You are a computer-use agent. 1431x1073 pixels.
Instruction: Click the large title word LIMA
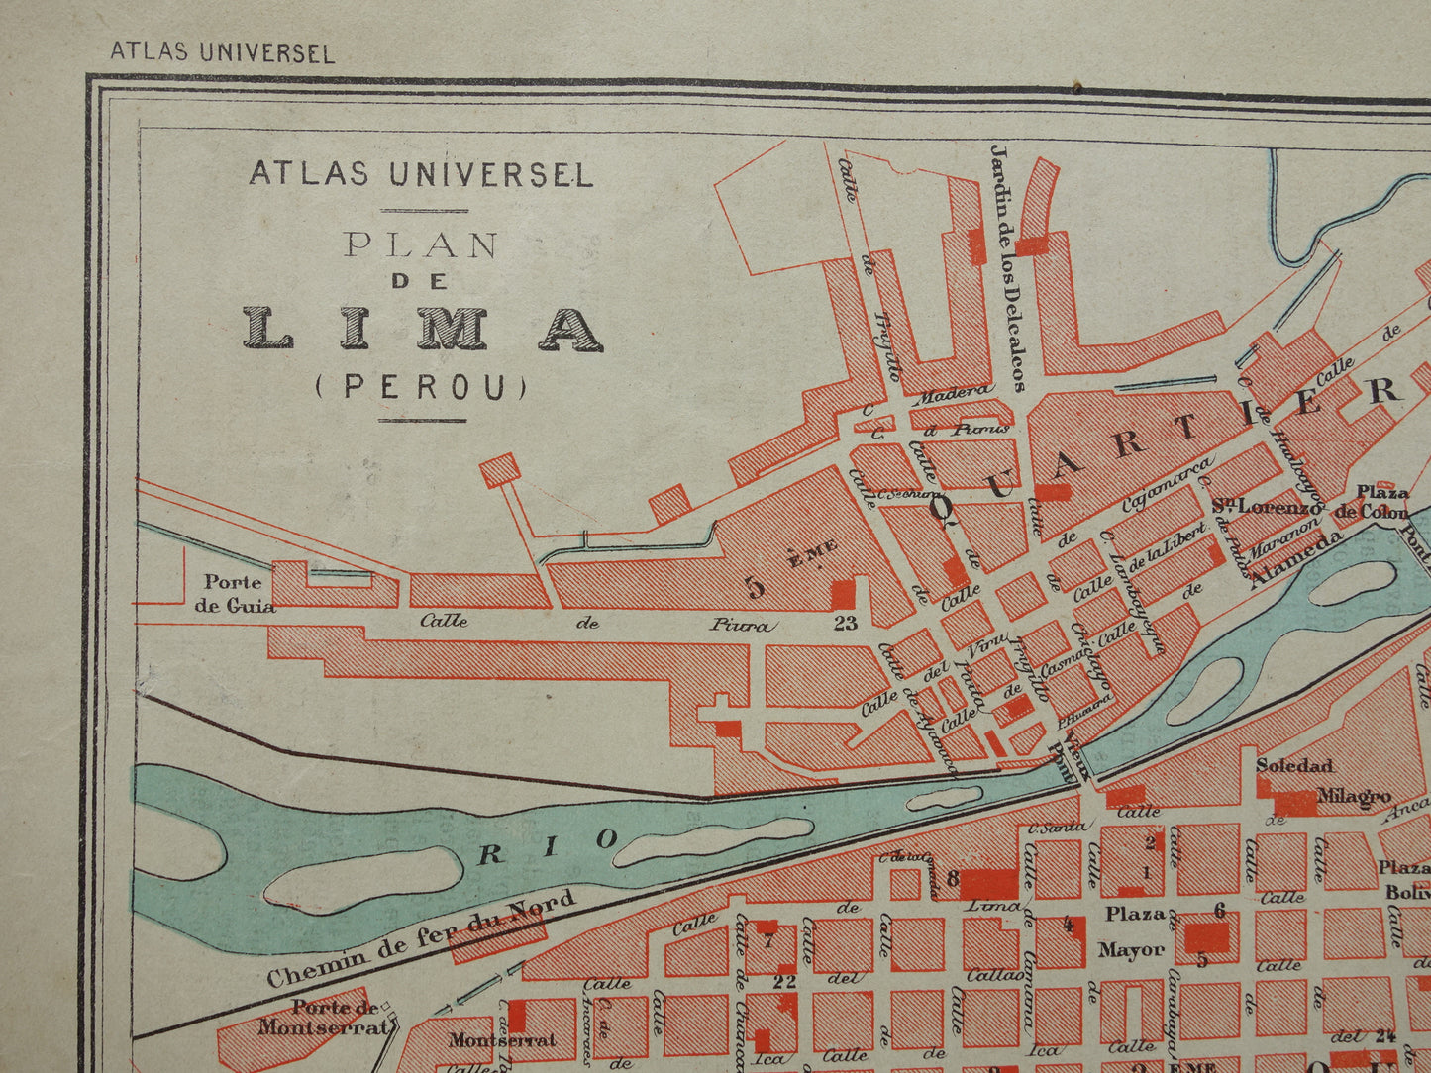(x=423, y=329)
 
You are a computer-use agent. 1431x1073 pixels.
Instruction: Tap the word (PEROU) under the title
(x=422, y=387)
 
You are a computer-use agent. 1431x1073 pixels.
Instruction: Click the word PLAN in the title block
(x=421, y=244)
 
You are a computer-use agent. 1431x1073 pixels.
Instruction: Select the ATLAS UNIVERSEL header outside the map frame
(x=222, y=52)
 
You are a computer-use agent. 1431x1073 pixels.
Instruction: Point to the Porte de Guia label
(x=235, y=594)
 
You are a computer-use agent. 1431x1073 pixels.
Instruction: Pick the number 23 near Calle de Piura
(x=845, y=624)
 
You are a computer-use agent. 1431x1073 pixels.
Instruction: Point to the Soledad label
(x=1294, y=765)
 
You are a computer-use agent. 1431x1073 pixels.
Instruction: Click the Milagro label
(x=1354, y=796)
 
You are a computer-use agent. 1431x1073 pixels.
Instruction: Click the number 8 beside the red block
(x=952, y=877)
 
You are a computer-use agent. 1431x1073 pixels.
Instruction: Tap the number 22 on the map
(x=784, y=982)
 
